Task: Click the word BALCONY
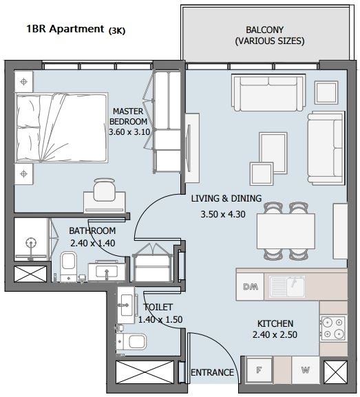pos(264,30)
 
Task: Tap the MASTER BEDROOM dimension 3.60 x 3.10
pos(129,132)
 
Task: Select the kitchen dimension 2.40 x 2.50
pos(275,334)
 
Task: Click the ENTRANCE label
pos(212,372)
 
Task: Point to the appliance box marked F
pos(259,370)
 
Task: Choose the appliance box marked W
pos(306,370)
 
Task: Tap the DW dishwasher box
pos(251,287)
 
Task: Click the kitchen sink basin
pos(287,286)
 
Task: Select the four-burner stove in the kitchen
pos(333,328)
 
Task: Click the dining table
pos(286,231)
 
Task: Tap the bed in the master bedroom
pos(61,127)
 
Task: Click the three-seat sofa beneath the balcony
pos(268,93)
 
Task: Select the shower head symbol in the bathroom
pos(31,244)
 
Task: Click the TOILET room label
pos(158,307)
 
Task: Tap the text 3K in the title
pos(117,31)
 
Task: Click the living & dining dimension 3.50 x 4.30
pos(223,214)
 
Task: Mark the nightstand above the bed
pos(24,81)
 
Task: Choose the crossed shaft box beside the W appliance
pos(335,372)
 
